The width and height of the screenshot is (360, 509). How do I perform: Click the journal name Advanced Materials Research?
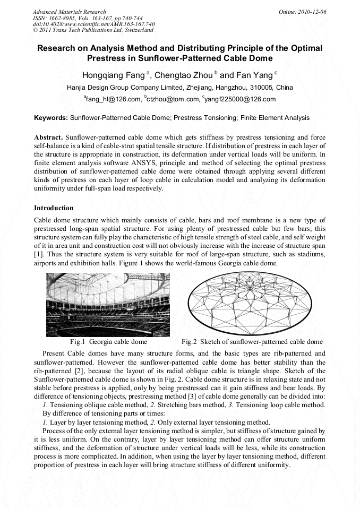coord(69,12)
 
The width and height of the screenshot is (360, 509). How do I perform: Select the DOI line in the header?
coord(94,24)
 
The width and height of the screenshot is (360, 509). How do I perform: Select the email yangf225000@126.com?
coord(240,99)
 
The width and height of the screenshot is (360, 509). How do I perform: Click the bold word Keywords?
coord(51,118)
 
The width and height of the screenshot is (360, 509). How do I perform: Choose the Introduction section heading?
coord(54,208)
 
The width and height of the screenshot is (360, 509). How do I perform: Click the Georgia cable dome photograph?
coord(108,304)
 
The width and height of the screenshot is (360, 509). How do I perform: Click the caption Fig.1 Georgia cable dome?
coord(108,342)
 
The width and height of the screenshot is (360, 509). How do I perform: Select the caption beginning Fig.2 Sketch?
coord(252,342)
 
